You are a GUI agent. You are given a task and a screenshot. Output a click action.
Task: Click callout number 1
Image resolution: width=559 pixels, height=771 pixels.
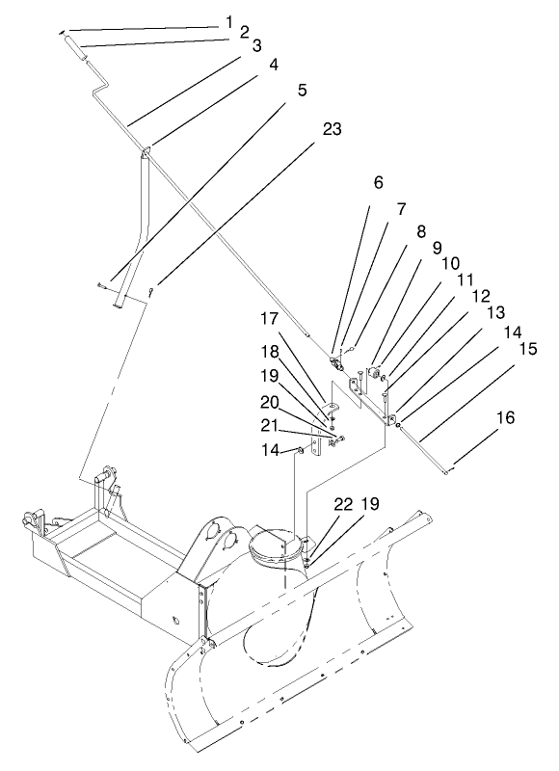pos(229,20)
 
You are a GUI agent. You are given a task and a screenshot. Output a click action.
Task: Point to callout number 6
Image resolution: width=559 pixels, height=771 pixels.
pos(378,180)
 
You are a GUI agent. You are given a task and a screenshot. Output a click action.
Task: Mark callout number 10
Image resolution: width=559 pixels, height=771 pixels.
pos(449,263)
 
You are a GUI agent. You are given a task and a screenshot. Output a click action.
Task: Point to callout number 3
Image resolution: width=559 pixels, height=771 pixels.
pos(256,45)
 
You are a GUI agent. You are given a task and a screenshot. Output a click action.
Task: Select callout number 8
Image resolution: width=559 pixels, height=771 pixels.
pos(419,231)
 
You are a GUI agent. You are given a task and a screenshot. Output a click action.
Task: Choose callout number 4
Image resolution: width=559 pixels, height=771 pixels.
pos(275,66)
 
